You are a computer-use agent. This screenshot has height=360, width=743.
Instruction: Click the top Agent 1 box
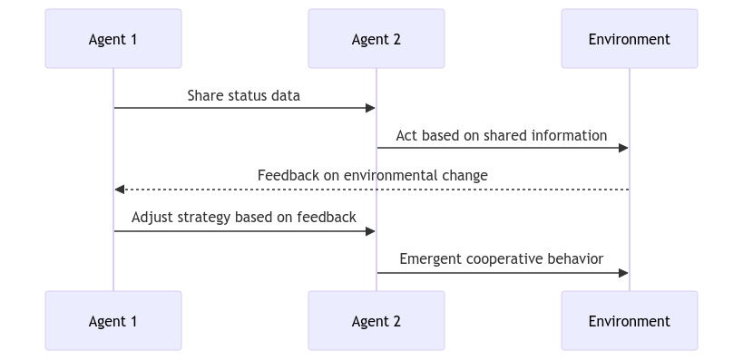pyautogui.click(x=113, y=39)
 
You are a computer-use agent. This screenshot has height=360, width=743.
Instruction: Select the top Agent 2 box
pyautogui.click(x=376, y=39)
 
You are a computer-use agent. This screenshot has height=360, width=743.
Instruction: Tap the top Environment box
pyautogui.click(x=629, y=39)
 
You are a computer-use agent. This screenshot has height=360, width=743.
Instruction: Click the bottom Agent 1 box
pyautogui.click(x=113, y=320)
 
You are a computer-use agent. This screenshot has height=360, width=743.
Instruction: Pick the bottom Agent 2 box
pyautogui.click(x=376, y=320)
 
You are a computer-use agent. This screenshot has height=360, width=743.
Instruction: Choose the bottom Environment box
pyautogui.click(x=629, y=320)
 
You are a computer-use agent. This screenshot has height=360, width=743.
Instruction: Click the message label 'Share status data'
pyautogui.click(x=244, y=95)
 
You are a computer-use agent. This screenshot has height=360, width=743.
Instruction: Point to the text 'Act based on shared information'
pyautogui.click(x=502, y=135)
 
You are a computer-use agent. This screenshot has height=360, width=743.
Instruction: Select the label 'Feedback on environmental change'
pyautogui.click(x=372, y=175)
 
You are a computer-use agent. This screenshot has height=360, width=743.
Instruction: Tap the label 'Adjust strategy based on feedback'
pyautogui.click(x=244, y=218)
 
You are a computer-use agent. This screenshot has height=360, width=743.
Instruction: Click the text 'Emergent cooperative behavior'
pyautogui.click(x=502, y=258)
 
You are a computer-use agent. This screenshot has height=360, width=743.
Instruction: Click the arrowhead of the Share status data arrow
pyautogui.click(x=371, y=108)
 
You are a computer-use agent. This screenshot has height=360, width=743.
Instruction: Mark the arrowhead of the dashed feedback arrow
pyautogui.click(x=119, y=190)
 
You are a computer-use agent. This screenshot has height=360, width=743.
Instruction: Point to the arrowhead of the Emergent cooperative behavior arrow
pyautogui.click(x=623, y=272)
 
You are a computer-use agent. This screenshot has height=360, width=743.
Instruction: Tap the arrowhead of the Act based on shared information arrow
pyautogui.click(x=623, y=149)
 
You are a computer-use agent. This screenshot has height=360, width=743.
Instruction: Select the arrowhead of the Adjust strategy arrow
pyautogui.click(x=371, y=231)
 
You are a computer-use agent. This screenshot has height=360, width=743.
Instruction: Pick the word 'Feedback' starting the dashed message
pyautogui.click(x=287, y=175)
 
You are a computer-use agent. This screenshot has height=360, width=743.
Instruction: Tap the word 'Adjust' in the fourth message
pyautogui.click(x=152, y=218)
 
